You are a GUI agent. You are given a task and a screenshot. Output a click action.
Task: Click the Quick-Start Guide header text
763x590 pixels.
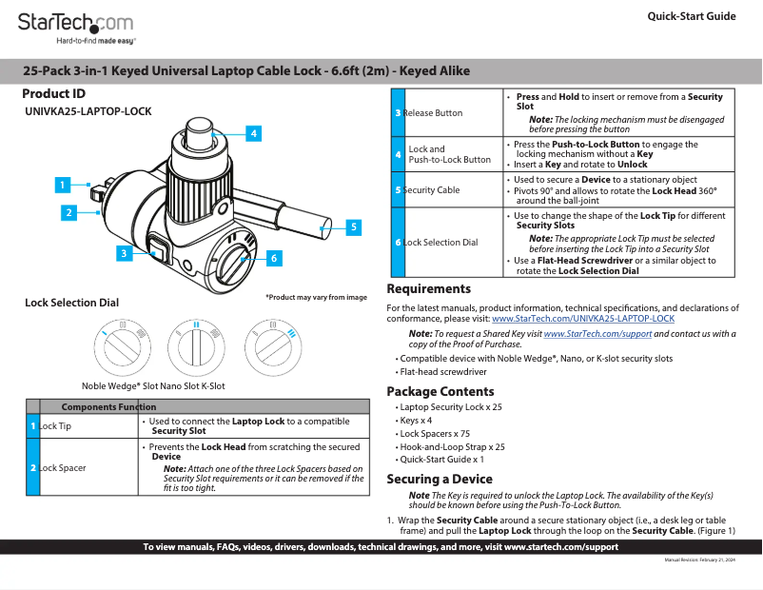691,16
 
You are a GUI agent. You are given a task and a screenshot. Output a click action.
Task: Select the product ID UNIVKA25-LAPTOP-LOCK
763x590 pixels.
88,111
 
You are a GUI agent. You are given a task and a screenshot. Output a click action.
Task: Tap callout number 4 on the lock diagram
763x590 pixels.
253,134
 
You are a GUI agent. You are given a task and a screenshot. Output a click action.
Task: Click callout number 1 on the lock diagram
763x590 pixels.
61,184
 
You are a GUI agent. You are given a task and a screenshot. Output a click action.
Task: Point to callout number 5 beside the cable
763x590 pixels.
352,226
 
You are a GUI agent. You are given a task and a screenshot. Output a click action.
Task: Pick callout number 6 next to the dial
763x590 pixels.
273,258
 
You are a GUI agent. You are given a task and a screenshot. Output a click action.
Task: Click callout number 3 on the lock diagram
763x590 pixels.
124,253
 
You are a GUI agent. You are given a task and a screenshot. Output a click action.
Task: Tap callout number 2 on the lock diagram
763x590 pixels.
68,213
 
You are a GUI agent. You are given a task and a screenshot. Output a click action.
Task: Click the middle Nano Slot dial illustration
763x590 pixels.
197,343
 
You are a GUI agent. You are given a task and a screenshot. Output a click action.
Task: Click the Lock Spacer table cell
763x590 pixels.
63,468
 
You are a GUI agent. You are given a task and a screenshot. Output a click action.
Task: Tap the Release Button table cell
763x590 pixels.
433,113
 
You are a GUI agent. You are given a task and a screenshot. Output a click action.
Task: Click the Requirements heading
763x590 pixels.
428,289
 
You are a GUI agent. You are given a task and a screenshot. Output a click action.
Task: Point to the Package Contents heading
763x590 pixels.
440,392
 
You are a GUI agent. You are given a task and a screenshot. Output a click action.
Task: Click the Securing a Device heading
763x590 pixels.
439,480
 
